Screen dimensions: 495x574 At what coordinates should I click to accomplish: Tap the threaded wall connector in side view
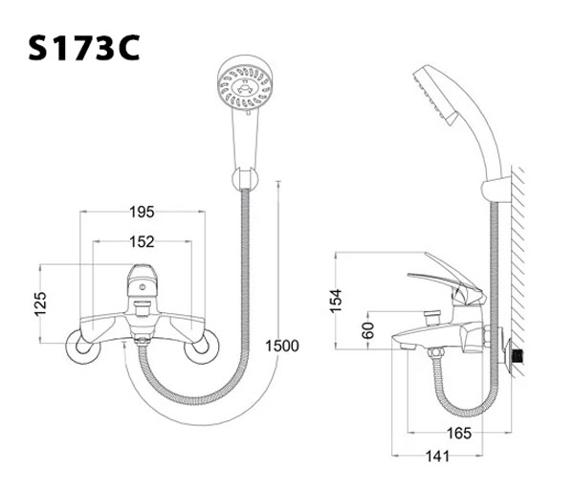coord(518,353)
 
